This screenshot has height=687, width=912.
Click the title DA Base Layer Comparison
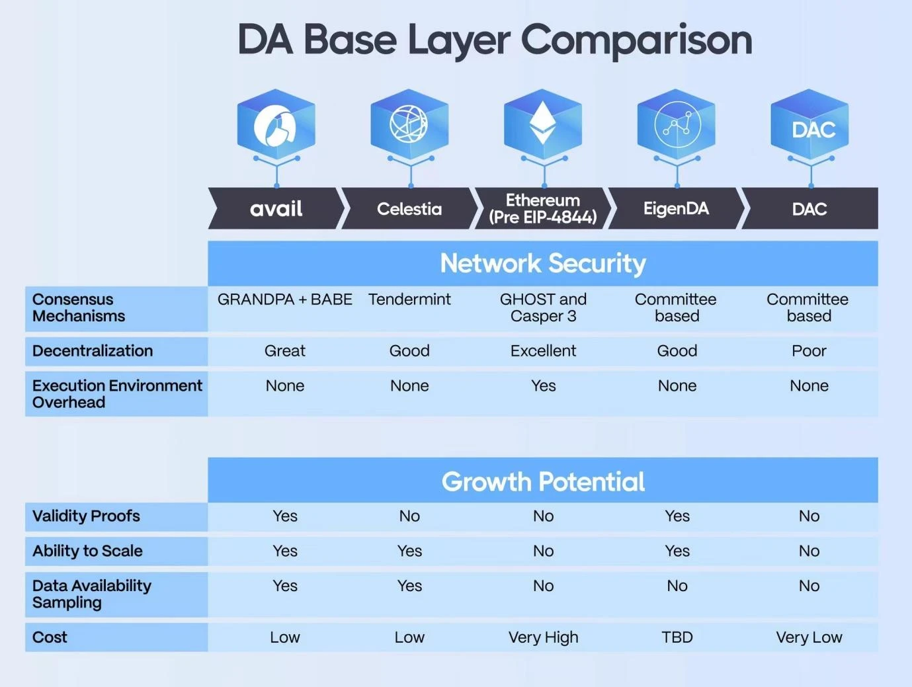(495, 40)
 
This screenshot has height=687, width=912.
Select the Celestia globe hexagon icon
(409, 124)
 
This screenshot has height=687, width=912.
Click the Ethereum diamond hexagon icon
(543, 124)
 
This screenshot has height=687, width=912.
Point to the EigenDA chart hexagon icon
(677, 124)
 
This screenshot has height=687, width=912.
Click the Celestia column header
(409, 209)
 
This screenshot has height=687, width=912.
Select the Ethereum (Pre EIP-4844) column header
(543, 209)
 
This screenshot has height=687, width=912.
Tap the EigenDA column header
(676, 209)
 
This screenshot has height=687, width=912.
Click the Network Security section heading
(543, 263)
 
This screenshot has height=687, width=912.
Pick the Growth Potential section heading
(543, 481)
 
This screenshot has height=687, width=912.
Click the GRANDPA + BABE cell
(285, 300)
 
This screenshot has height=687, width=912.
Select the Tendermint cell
(409, 300)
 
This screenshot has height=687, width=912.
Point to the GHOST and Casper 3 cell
(543, 307)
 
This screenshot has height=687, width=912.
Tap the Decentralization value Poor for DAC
(809, 351)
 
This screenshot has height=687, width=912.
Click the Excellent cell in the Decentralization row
(543, 351)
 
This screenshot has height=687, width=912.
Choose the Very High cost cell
(543, 637)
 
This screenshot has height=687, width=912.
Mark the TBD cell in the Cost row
(677, 637)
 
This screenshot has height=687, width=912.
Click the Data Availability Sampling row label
(92, 594)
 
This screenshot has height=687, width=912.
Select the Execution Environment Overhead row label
(117, 394)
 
